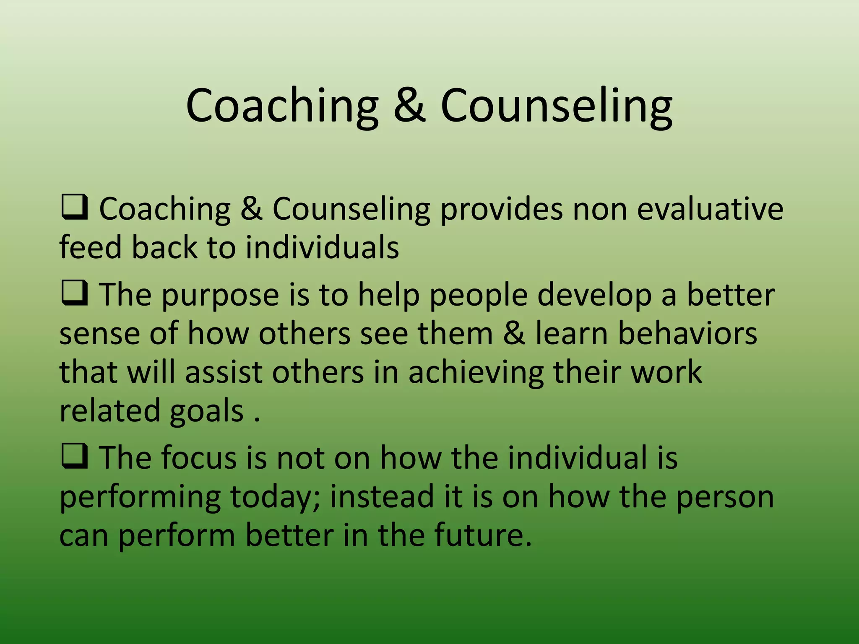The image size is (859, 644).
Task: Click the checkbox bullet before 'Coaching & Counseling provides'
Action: pyautogui.click(x=74, y=208)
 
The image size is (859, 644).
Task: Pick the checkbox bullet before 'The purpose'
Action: pyautogui.click(x=74, y=294)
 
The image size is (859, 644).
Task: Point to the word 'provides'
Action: pyautogui.click(x=501, y=209)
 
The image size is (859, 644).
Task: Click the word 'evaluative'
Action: pyautogui.click(x=710, y=209)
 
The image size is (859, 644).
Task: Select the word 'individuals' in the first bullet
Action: pyautogui.click(x=322, y=247)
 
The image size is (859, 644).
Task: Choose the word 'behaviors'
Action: pyautogui.click(x=687, y=334)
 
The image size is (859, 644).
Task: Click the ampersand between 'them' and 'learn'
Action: pyautogui.click(x=514, y=334)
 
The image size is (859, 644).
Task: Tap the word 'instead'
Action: pyautogui.click(x=382, y=496)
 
